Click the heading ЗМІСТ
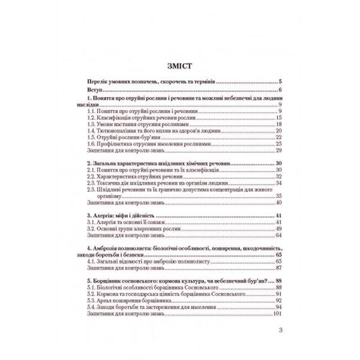click(180, 65)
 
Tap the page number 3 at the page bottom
click(280, 331)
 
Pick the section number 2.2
click(91, 176)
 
